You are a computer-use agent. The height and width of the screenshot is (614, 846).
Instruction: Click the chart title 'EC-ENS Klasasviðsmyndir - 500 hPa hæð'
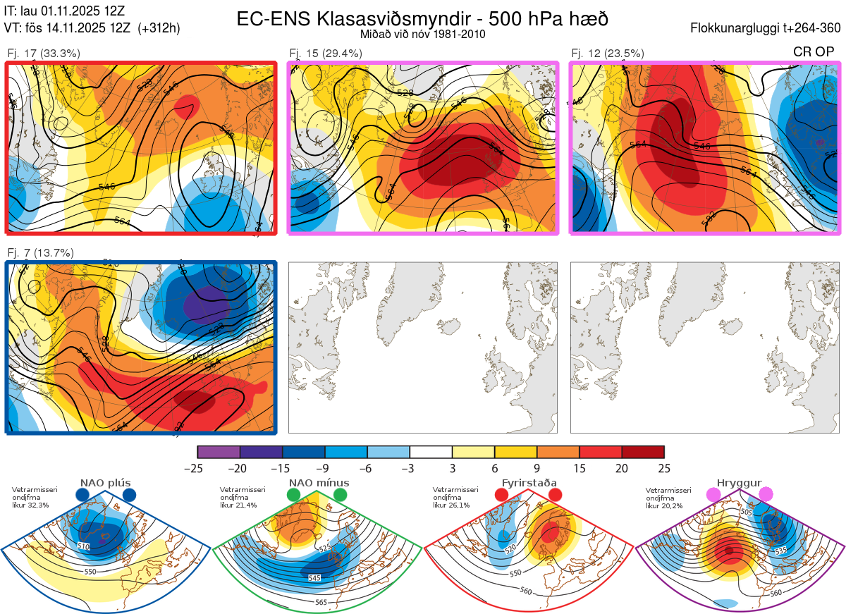(422, 19)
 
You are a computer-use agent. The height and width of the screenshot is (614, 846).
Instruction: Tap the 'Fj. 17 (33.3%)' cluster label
(44, 53)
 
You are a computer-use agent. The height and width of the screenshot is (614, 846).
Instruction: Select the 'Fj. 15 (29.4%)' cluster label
(326, 53)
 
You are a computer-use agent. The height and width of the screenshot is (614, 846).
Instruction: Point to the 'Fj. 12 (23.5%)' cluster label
(608, 53)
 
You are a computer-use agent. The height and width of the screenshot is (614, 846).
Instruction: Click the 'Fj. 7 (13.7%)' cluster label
(41, 253)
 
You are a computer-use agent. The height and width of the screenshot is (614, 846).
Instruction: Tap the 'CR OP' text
(814, 53)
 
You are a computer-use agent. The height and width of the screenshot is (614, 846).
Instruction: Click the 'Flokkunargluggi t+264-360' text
(766, 29)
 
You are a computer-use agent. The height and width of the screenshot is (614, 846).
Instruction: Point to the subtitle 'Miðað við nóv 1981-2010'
(422, 34)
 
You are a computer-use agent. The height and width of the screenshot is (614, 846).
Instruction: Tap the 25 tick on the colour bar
(663, 467)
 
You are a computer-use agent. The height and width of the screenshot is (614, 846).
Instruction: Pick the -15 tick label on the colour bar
(282, 467)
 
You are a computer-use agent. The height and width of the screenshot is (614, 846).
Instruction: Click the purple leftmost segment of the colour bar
(219, 452)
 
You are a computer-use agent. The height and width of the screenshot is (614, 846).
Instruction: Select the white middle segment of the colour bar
(431, 452)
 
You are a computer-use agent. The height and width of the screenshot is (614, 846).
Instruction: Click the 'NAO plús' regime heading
(105, 483)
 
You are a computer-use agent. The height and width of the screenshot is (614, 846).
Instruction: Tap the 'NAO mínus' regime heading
(319, 483)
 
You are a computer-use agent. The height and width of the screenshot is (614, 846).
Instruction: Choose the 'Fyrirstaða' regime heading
(527, 483)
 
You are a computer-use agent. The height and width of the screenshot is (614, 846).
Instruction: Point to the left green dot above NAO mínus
(294, 496)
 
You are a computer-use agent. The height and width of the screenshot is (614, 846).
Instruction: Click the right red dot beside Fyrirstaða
(555, 496)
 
